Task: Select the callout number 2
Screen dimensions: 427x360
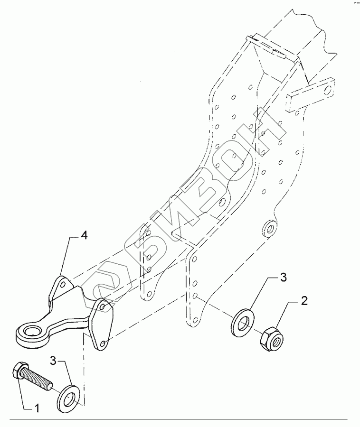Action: pyautogui.click(x=304, y=300)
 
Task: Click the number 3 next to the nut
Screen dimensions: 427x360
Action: pyautogui.click(x=283, y=277)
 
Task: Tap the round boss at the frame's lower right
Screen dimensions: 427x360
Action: pyautogui.click(x=269, y=229)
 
